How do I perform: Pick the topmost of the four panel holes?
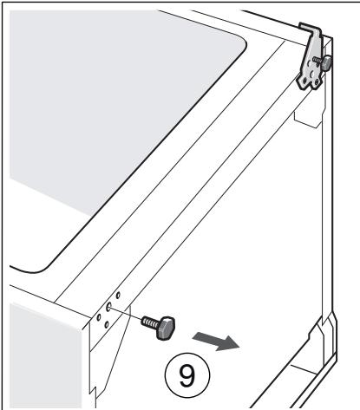pos(118,296)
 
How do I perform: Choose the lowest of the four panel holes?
pos(107,325)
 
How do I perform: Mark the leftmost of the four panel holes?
pos(100,315)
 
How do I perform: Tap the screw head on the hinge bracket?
pos(328,62)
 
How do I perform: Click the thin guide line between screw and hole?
pos(127,312)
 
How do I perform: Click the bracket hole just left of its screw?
pos(311,65)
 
